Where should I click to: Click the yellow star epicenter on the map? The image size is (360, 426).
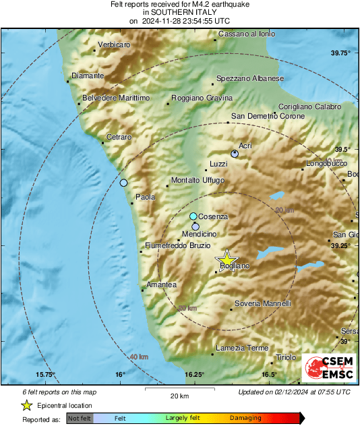(227, 260)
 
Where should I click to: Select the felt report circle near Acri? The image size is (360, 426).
(235, 154)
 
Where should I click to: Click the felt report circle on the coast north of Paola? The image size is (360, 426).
(123, 183)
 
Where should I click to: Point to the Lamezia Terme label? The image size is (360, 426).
(242, 348)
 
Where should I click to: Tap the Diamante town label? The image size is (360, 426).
(88, 76)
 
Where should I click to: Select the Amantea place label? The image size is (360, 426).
(162, 284)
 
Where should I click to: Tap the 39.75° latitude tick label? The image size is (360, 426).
(340, 53)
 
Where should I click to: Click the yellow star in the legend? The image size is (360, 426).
(26, 405)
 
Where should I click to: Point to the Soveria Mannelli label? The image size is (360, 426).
(263, 303)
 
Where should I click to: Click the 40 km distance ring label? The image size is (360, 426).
(139, 356)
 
